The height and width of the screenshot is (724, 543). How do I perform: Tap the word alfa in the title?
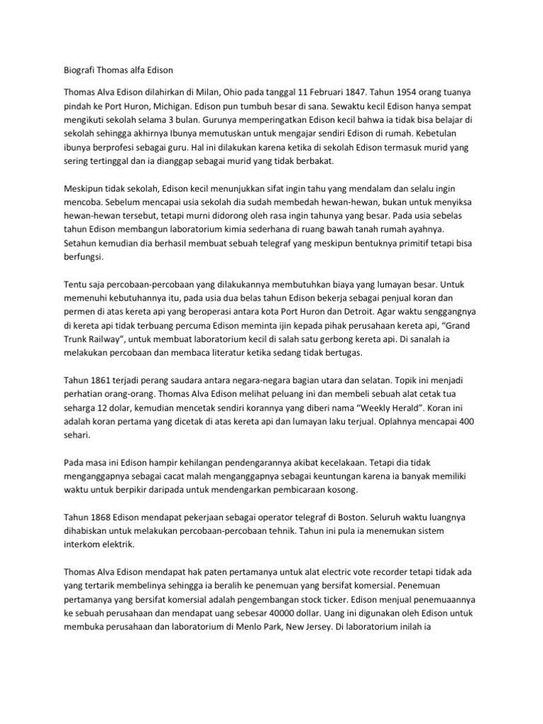151,70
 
